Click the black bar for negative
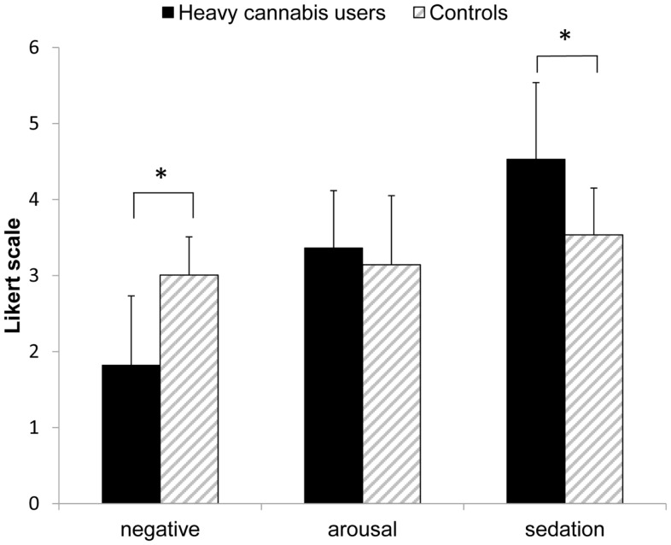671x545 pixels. point(131,434)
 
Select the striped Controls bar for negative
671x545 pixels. point(190,390)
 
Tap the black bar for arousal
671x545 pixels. point(333,376)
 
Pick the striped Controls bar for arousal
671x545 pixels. point(392,384)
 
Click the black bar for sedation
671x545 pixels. point(536,331)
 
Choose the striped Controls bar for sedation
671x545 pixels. point(594,369)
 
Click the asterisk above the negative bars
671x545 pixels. point(160,174)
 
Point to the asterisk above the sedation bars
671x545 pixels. point(565,36)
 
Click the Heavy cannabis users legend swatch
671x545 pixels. point(168,14)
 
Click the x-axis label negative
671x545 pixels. point(160,530)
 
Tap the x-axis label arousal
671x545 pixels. point(363,530)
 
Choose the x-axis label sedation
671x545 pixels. point(565,529)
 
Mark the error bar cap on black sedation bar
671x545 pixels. point(536,82)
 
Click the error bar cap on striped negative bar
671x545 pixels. point(190,237)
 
